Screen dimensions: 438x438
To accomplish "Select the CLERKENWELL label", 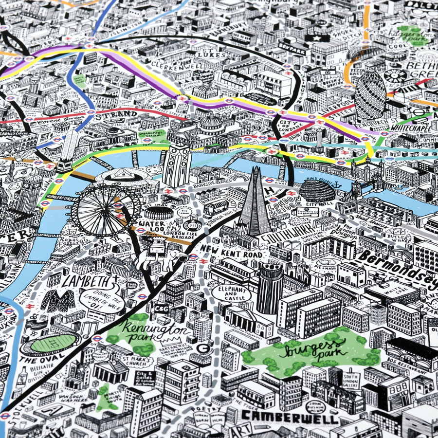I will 170,64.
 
